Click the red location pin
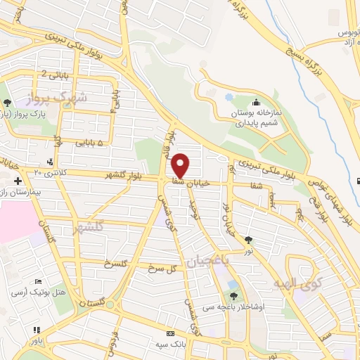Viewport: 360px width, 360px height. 181,165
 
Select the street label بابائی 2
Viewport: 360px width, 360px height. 56,73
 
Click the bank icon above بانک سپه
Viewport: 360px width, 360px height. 170,333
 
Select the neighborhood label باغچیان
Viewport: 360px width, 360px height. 208,261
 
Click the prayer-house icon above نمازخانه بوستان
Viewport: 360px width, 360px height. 255,102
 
